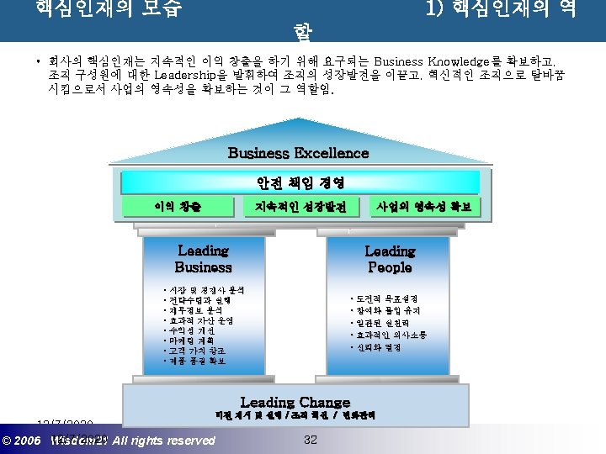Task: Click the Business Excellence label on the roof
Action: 298,153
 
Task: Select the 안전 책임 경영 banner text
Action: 300,182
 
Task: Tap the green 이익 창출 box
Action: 178,207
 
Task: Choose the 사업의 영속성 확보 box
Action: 424,207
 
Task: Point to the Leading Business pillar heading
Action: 203,259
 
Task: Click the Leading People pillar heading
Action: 390,259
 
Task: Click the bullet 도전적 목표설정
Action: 385,299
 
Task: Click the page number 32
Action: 310,440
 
